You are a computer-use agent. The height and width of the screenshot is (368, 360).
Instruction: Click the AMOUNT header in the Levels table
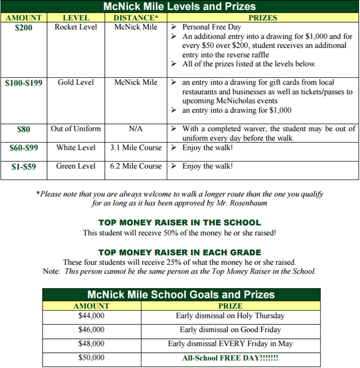pyautogui.click(x=24, y=18)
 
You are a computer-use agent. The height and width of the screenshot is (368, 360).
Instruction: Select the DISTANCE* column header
pyautogui.click(x=136, y=18)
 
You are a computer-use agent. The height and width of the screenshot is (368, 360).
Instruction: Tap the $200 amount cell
pyautogui.click(x=24, y=27)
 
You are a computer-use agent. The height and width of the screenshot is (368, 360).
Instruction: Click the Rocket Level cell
pyautogui.click(x=76, y=26)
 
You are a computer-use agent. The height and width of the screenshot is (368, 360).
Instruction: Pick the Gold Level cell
pyautogui.click(x=76, y=82)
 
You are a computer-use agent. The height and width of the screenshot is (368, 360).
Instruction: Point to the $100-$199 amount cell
pyautogui.click(x=24, y=83)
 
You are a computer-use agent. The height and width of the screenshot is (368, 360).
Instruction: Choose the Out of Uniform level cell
pyautogui.click(x=76, y=129)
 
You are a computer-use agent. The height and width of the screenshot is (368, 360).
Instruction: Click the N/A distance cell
pyautogui.click(x=135, y=129)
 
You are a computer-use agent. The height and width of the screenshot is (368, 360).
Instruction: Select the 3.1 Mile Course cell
pyautogui.click(x=135, y=148)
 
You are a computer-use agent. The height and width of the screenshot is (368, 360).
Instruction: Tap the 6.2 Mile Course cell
pyautogui.click(x=135, y=166)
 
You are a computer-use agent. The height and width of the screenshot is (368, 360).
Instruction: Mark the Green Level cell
pyautogui.click(x=76, y=166)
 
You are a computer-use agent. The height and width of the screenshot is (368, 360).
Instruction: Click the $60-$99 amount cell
pyautogui.click(x=24, y=148)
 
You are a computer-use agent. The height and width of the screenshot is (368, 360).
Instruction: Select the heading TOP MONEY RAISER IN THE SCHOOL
pyautogui.click(x=179, y=223)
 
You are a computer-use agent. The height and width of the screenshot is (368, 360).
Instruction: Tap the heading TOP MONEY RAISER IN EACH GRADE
pyautogui.click(x=179, y=252)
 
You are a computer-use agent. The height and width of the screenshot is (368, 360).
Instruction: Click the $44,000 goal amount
pyautogui.click(x=91, y=316)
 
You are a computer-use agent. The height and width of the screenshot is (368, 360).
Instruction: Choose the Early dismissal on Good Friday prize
pyautogui.click(x=230, y=330)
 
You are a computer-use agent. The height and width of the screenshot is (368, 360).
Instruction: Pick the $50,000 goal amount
pyautogui.click(x=91, y=358)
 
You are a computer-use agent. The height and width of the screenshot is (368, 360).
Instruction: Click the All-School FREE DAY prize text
pyautogui.click(x=230, y=358)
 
